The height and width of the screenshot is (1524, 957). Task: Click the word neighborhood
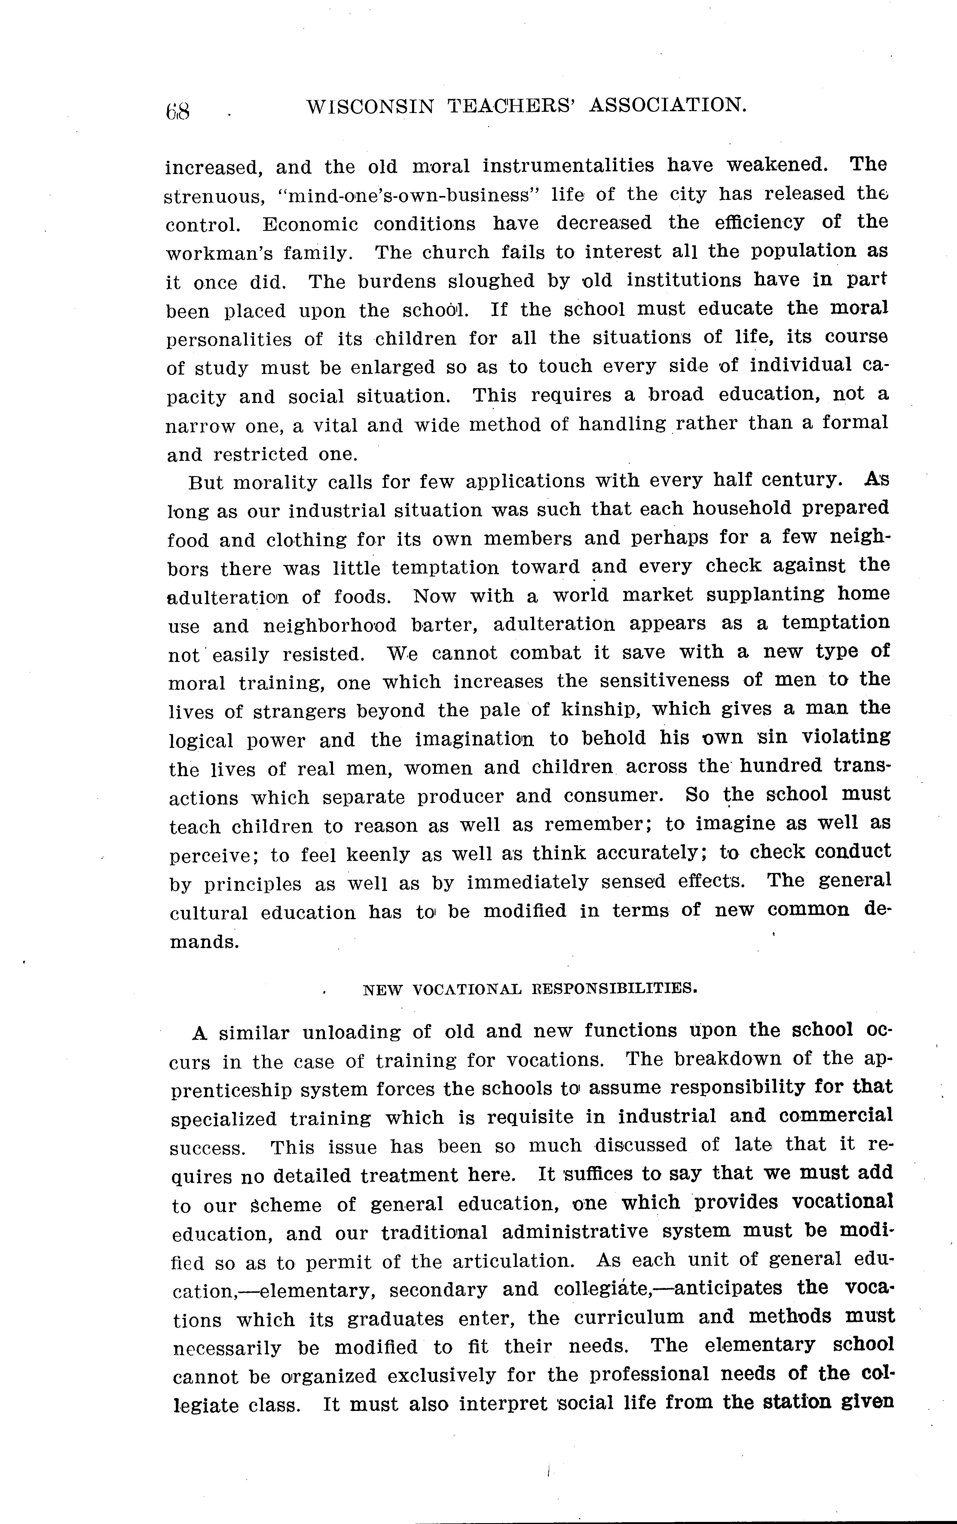329,626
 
